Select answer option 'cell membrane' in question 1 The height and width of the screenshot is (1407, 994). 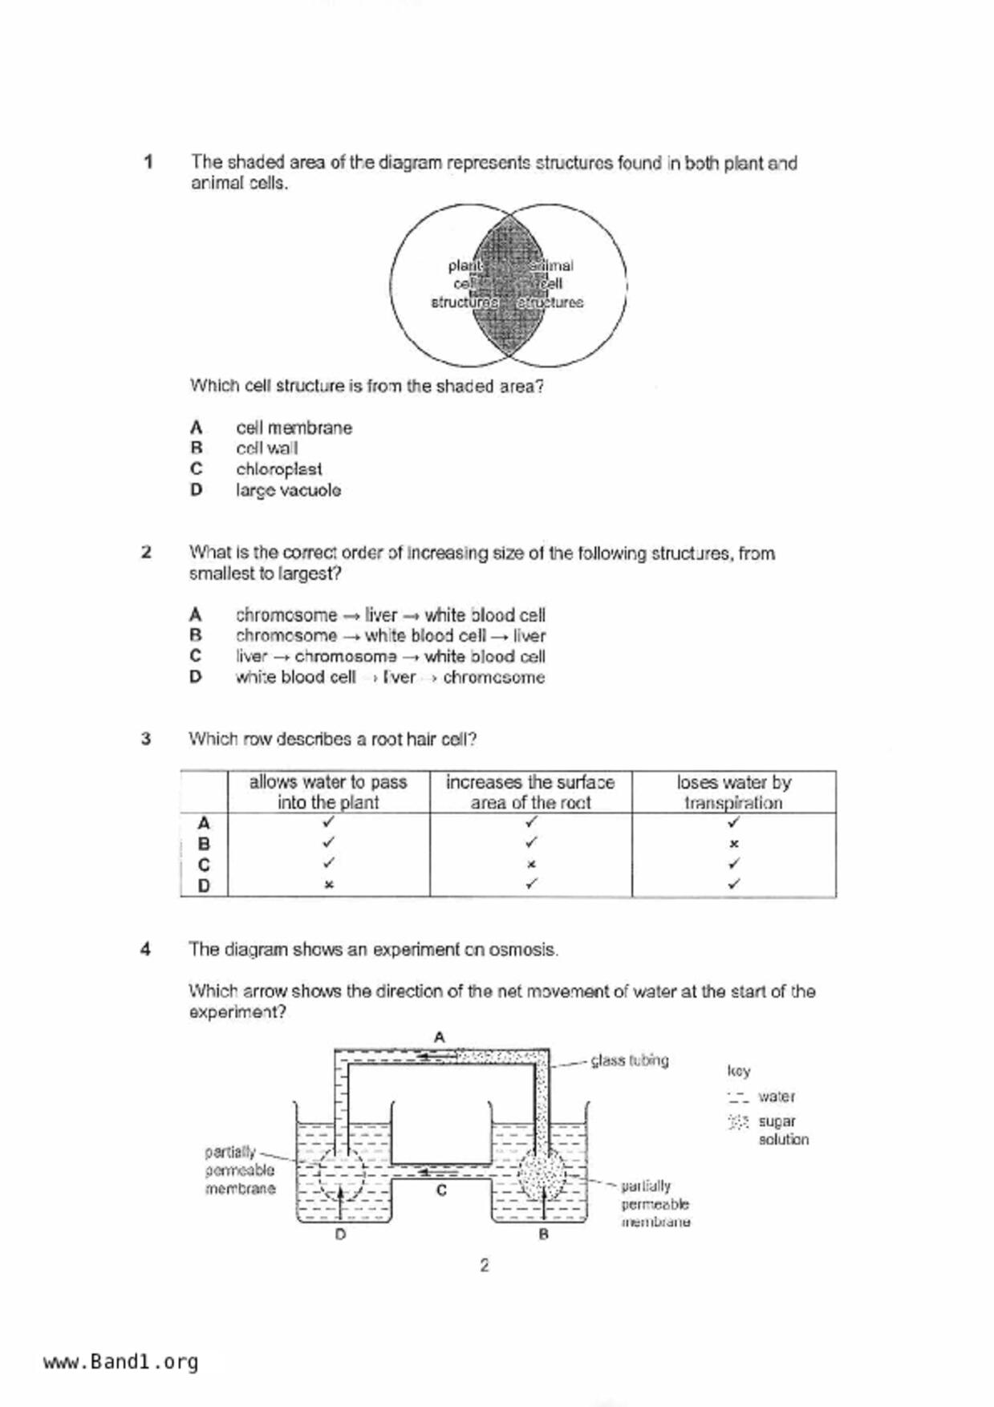(x=294, y=428)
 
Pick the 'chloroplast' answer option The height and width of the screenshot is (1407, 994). (x=278, y=469)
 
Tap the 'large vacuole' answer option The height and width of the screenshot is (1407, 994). (x=288, y=490)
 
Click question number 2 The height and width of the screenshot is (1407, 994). (x=146, y=553)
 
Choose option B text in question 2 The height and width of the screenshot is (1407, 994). (x=390, y=636)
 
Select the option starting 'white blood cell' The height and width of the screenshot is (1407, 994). (x=390, y=677)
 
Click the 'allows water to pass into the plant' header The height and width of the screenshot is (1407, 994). (x=328, y=792)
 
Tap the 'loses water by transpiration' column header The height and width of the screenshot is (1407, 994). (x=733, y=792)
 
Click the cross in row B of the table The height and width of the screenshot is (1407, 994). (x=733, y=844)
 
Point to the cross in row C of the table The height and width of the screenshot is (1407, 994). (x=531, y=865)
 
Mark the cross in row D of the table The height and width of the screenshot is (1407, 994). (x=328, y=885)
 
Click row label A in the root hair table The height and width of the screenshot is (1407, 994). (x=204, y=823)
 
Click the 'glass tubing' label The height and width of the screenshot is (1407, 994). (x=630, y=1060)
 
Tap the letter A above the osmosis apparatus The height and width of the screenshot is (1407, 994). (x=440, y=1037)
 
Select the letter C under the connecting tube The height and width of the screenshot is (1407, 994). (x=441, y=1190)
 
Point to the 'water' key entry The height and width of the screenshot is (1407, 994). (x=776, y=1097)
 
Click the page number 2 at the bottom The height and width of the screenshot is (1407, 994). (x=484, y=1265)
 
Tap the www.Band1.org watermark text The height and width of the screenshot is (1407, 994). (x=120, y=1361)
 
